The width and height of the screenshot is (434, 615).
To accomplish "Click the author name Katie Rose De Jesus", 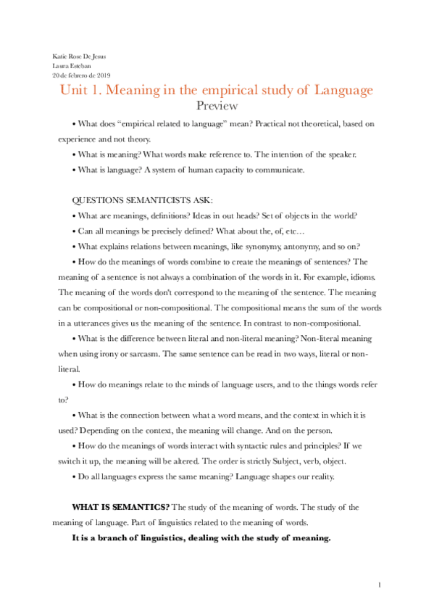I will (78, 56).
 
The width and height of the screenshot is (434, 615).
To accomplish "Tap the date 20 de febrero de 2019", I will (80, 75).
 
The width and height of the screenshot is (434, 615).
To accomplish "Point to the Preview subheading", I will (217, 106).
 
